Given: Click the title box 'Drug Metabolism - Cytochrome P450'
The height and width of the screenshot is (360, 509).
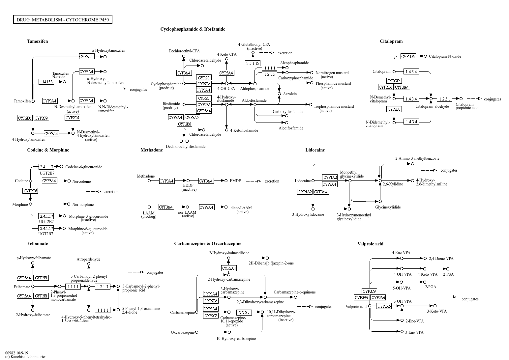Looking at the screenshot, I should click(x=63, y=20).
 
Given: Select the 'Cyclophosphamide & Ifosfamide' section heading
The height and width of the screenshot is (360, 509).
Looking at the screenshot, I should click(x=193, y=29).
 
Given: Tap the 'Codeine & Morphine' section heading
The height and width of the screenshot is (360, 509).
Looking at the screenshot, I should click(x=48, y=150).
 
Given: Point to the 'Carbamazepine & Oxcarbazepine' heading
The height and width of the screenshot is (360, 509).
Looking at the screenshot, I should click(x=208, y=243).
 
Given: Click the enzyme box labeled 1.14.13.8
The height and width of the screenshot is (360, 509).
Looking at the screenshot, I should click(x=46, y=82).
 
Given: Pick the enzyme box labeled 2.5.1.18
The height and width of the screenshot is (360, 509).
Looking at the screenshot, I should click(x=253, y=63).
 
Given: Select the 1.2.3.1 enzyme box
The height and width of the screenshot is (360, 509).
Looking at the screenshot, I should click(x=445, y=99).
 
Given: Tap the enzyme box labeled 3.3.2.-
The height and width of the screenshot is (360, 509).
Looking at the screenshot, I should click(x=244, y=312).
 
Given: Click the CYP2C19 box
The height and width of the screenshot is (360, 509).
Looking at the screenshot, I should click(x=394, y=81).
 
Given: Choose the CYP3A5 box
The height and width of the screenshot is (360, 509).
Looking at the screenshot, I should click(x=192, y=118).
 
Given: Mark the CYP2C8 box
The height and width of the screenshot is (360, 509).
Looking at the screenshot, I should click(x=211, y=316).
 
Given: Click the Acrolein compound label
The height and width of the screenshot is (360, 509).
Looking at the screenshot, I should click(x=290, y=94).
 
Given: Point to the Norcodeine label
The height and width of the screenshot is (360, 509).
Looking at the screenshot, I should click(x=81, y=181).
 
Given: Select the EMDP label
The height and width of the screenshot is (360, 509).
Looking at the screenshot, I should click(x=235, y=181).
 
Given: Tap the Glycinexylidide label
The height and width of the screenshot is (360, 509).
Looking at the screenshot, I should click(x=388, y=207).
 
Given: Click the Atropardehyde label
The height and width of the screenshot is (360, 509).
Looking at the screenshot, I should click(x=88, y=259).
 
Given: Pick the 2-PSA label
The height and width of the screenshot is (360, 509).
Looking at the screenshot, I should click(x=448, y=274).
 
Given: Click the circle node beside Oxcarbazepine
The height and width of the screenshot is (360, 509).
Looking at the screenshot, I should click(x=197, y=332).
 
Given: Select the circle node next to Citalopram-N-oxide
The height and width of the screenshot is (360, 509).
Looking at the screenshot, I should click(x=426, y=56).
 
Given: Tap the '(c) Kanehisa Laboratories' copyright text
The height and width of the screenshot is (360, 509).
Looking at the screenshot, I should click(x=26, y=357).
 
